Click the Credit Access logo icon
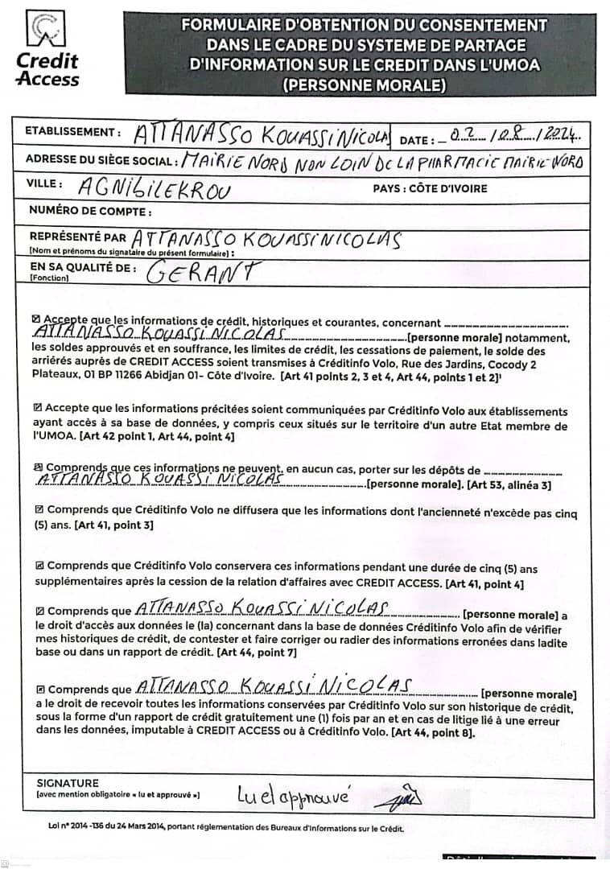click(x=47, y=31)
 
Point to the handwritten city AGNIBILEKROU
click(x=153, y=190)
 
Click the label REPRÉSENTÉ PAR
click(x=77, y=237)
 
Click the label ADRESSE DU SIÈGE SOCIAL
click(x=101, y=159)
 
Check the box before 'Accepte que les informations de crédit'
click(x=37, y=320)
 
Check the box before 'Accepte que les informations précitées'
click(x=38, y=409)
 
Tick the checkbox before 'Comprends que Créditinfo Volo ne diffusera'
click(x=39, y=509)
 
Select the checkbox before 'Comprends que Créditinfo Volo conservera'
click(x=39, y=566)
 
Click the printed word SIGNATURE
click(x=68, y=783)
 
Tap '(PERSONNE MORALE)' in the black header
click(x=364, y=83)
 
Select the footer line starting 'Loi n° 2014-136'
click(x=226, y=828)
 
